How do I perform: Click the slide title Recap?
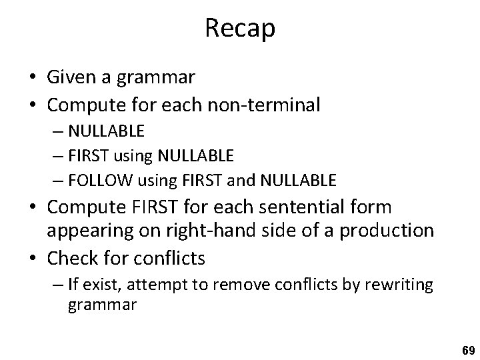pyautogui.click(x=240, y=28)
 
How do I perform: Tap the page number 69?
pyautogui.click(x=468, y=350)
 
